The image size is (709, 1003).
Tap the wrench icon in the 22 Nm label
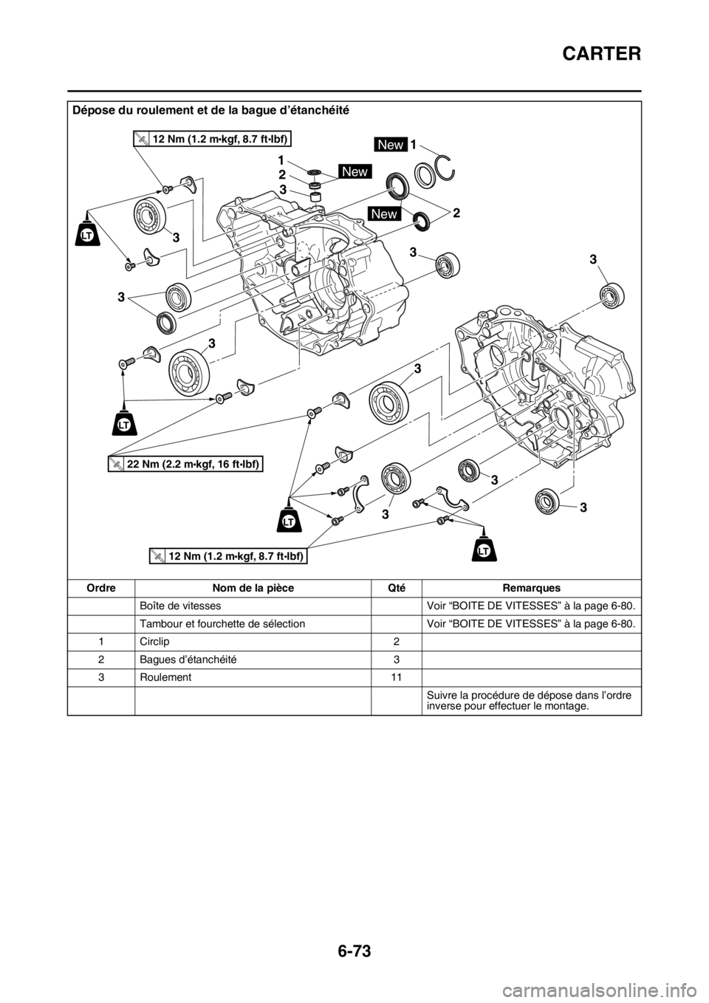click(116, 463)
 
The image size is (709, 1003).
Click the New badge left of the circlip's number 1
click(390, 145)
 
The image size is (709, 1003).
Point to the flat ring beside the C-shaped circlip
click(425, 177)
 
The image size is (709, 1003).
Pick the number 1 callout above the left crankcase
click(281, 160)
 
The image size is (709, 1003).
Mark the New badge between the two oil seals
click(384, 213)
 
